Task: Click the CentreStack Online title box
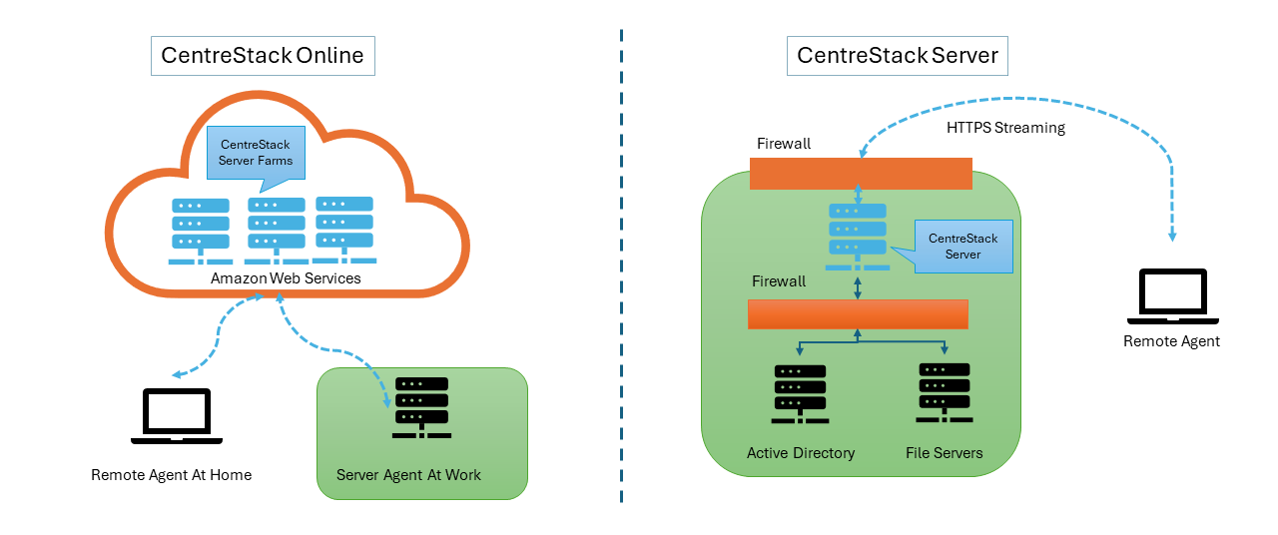coord(263,55)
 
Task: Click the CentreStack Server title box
coord(898,55)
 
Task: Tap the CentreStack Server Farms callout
coord(255,152)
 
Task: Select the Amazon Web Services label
coord(286,278)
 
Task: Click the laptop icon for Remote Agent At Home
coord(177,417)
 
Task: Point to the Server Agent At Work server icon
coord(420,408)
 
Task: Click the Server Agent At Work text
coord(408,475)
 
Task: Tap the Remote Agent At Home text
coord(171,475)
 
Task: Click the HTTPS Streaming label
coord(1005,128)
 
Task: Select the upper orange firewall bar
coord(861,174)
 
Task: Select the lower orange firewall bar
coord(858,314)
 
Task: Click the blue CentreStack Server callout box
coord(963,247)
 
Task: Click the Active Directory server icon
coord(800,392)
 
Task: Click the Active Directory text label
coord(801,453)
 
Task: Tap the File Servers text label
coord(944,453)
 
